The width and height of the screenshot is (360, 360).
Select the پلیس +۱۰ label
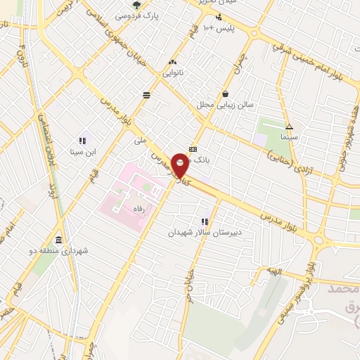pos(218,28)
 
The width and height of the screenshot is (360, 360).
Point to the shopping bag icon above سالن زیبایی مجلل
pos(225,94)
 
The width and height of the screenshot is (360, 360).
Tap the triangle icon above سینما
pos(290,127)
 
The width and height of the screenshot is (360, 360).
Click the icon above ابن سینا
pos(82,140)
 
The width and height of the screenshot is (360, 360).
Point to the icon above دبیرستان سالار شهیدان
pos(205,221)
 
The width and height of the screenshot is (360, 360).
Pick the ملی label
pos(141,141)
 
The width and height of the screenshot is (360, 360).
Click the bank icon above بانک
pos(193,150)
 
